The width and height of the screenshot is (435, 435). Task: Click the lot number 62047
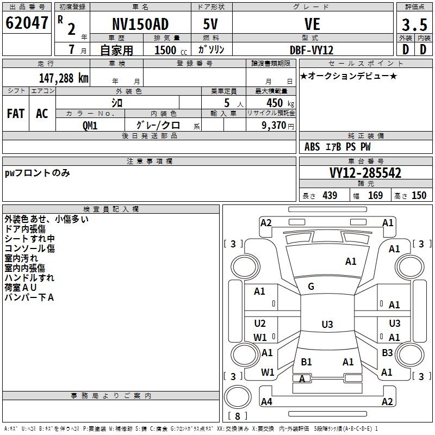coord(27,23)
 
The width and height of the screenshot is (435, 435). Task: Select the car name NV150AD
coord(140,24)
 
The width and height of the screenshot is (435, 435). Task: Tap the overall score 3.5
coord(413,25)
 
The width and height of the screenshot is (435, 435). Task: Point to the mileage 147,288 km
coord(64,78)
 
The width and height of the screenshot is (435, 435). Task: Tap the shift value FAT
coord(16,114)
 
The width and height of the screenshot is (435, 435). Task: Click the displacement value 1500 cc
coord(166,50)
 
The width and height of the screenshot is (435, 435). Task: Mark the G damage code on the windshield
coord(311,287)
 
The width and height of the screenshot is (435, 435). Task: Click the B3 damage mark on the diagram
coord(387,353)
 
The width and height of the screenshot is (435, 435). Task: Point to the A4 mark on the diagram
coord(266,402)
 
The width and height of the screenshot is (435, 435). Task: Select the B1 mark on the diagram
coord(306,362)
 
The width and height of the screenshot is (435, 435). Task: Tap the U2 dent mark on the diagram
coord(260,324)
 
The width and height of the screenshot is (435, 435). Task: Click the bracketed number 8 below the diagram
coord(237,417)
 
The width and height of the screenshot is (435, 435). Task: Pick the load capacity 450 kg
coord(271,103)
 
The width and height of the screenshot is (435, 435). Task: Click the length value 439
coord(330,196)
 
